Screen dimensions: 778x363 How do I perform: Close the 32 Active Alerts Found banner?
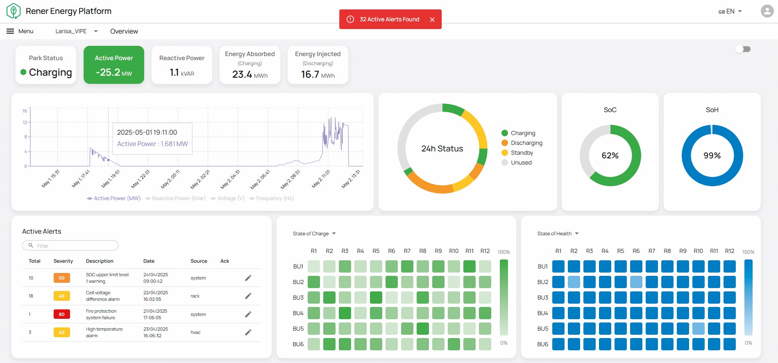[x=432, y=20]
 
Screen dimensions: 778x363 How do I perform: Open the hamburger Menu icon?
[x=10, y=31]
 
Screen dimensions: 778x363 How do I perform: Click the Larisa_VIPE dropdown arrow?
[x=96, y=31]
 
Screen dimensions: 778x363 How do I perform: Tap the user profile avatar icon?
[x=767, y=11]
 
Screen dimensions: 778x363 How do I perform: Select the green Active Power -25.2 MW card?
[x=114, y=65]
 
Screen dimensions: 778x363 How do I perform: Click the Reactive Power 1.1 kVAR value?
[x=182, y=73]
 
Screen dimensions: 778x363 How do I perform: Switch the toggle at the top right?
[x=743, y=49]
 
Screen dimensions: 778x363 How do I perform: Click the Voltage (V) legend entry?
[x=227, y=198]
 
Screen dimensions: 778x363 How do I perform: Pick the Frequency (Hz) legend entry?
[x=272, y=198]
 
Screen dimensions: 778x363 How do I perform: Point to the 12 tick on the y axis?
[x=25, y=122]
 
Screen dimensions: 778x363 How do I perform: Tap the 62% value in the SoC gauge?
[x=610, y=156]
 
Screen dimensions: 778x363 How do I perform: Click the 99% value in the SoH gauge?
[x=712, y=156]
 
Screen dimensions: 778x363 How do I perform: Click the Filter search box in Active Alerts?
[x=70, y=246]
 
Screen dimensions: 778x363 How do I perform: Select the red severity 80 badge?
[x=61, y=314]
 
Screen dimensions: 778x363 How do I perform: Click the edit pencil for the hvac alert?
[x=248, y=332]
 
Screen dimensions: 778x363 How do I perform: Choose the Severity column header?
[x=63, y=261]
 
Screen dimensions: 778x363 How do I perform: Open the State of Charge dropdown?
[x=314, y=234]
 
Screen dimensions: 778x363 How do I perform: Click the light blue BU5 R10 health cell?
[x=699, y=329]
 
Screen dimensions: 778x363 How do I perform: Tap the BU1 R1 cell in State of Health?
[x=558, y=266]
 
